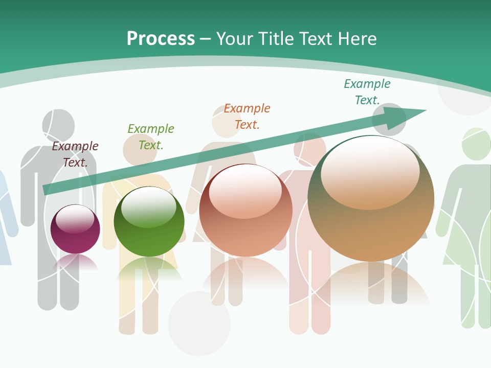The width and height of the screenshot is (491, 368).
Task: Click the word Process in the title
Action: [x=161, y=39]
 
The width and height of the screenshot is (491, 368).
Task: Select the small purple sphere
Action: [x=75, y=229]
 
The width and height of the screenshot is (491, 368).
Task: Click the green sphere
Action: [x=149, y=222]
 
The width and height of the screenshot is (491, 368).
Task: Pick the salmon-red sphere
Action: [x=245, y=211]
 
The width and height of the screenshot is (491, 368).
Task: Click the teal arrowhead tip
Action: [x=425, y=110]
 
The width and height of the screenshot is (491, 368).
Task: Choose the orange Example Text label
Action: [x=247, y=117]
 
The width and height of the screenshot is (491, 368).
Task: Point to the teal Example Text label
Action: [x=367, y=92]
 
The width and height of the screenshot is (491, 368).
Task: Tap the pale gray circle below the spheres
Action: [x=199, y=323]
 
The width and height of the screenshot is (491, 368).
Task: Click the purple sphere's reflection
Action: [x=75, y=263]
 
